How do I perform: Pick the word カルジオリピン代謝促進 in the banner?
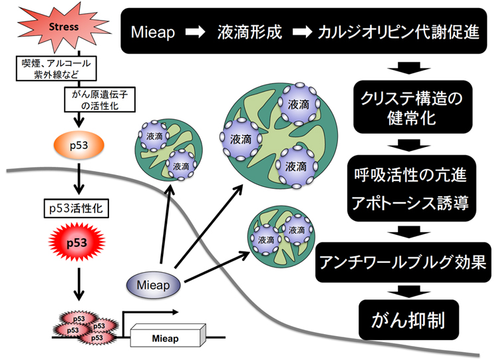click(399, 32)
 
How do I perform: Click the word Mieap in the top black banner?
click(154, 32)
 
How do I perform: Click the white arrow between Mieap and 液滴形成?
click(196, 32)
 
